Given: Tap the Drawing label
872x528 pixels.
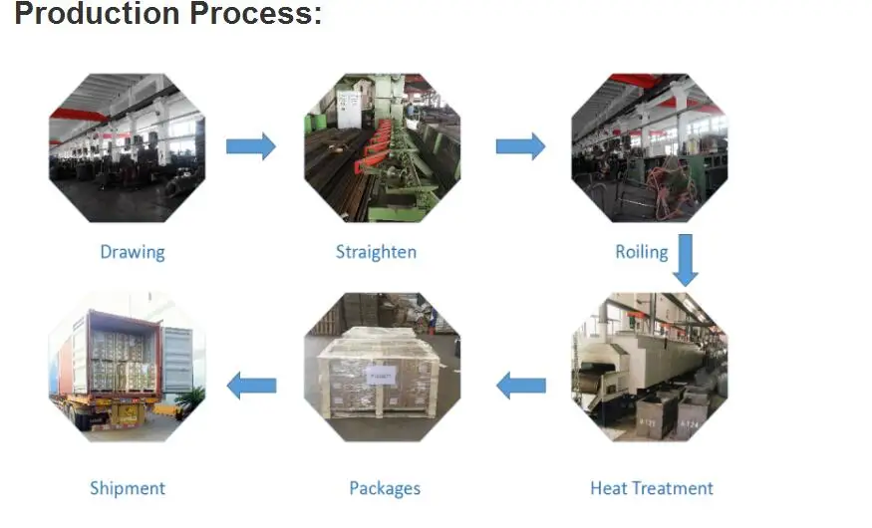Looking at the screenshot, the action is click(x=133, y=252).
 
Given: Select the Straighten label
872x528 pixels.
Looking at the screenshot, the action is click(x=376, y=252).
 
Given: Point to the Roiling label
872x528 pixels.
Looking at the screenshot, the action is click(x=641, y=252).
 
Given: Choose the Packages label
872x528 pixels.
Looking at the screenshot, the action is click(x=385, y=488).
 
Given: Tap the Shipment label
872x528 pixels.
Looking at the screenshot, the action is click(x=128, y=488).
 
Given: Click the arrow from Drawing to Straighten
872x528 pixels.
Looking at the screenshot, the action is click(x=251, y=146).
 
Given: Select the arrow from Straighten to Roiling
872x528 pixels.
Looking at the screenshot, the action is click(x=520, y=146).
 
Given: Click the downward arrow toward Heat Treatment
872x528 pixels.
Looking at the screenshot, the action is click(x=686, y=260).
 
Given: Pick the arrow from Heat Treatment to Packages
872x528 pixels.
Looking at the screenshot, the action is click(x=520, y=386).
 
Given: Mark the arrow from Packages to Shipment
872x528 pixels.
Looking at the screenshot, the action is click(x=251, y=386).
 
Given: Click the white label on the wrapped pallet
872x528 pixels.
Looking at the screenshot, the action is click(x=381, y=377).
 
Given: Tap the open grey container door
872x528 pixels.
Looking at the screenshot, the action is click(x=177, y=361).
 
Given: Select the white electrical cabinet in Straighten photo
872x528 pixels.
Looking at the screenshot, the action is click(x=349, y=109).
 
